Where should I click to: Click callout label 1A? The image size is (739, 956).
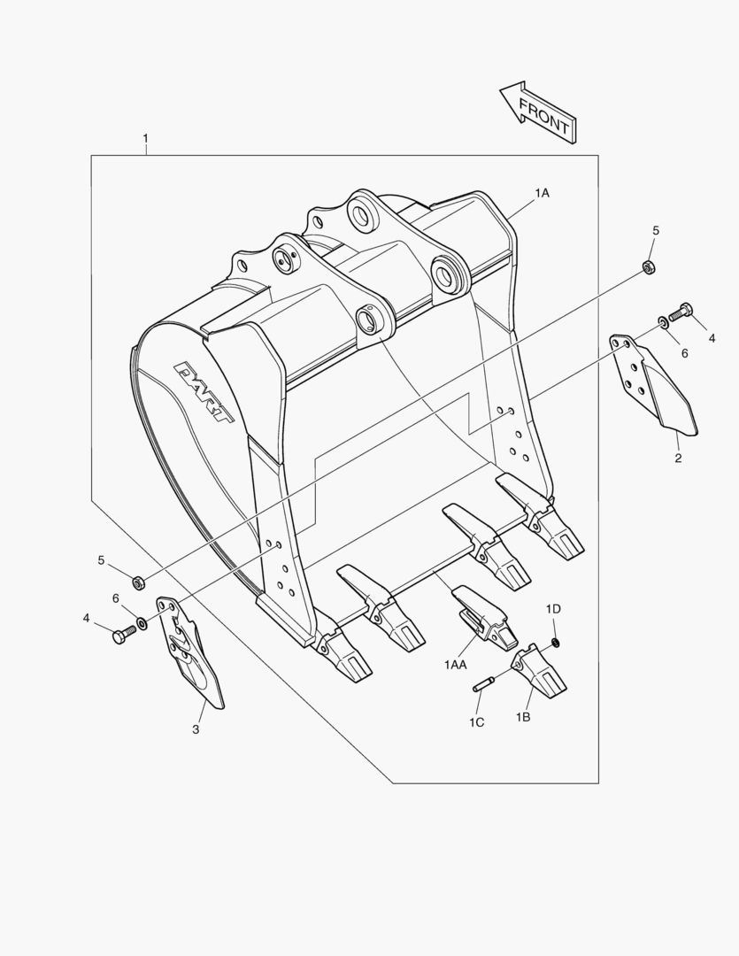pyautogui.click(x=542, y=192)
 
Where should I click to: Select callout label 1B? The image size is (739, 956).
pyautogui.click(x=523, y=717)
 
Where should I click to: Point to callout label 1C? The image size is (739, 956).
pyautogui.click(x=477, y=722)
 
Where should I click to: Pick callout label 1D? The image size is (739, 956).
pyautogui.click(x=553, y=608)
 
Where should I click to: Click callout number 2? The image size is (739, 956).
pyautogui.click(x=678, y=459)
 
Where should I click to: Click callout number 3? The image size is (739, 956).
pyautogui.click(x=196, y=729)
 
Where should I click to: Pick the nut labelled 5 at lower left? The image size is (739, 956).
pyautogui.click(x=138, y=582)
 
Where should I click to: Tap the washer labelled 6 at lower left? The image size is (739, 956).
pyautogui.click(x=142, y=613)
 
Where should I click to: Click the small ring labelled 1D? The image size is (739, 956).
pyautogui.click(x=555, y=641)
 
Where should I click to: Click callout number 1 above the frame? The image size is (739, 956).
pyautogui.click(x=145, y=139)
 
